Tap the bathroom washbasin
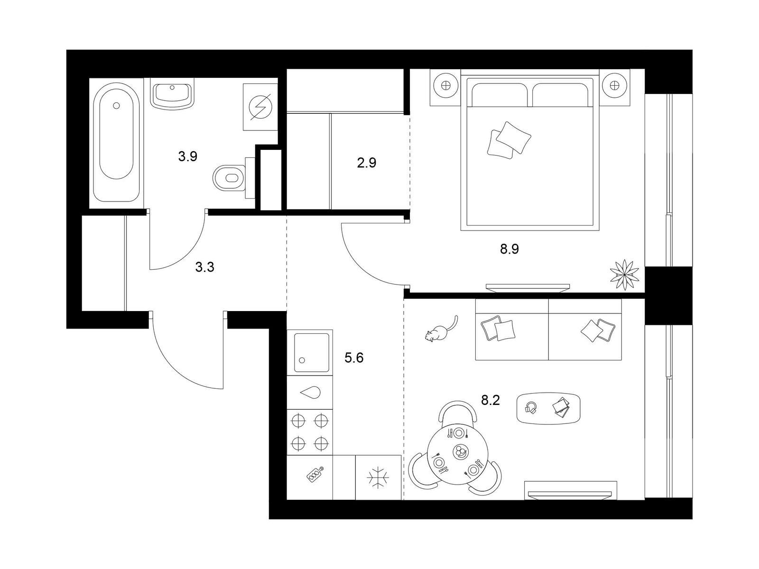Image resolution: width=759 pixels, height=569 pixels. tap(172, 93)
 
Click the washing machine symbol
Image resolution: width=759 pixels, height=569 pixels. tap(260, 107)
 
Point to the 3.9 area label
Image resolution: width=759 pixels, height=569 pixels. tap(187, 156)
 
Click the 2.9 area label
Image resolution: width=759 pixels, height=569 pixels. tap(366, 164)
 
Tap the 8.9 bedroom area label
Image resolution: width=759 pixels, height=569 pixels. tap(509, 249)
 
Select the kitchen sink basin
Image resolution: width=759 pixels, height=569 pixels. tap(312, 352)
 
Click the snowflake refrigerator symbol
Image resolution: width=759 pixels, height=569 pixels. tap(378, 477)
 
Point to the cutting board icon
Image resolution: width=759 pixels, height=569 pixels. tap(314, 476)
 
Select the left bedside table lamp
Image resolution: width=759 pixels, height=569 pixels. tap(445, 86)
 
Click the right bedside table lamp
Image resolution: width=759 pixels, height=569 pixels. tap(615, 86)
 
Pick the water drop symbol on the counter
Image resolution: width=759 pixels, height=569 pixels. tap(310, 392)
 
